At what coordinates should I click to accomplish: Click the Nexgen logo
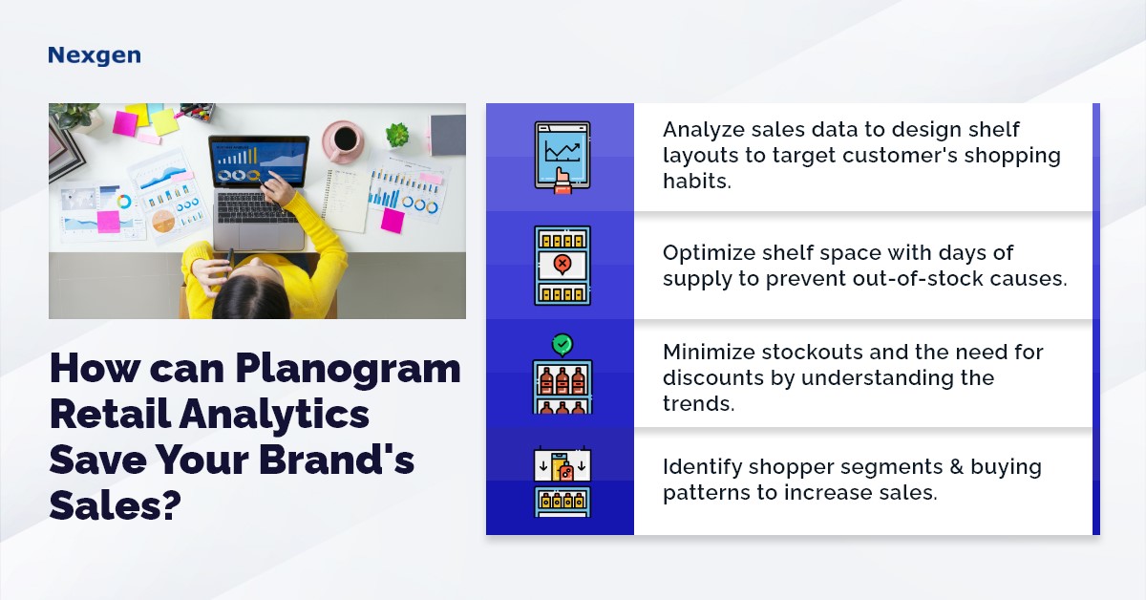click(94, 55)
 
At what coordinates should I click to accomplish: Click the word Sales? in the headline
click(116, 504)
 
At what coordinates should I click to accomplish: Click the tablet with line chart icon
click(562, 157)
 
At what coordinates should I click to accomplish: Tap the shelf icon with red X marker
click(562, 265)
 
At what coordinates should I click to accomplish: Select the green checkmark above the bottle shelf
click(562, 344)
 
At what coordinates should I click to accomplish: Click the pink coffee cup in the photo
click(345, 141)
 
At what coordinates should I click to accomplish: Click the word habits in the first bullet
click(697, 180)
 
